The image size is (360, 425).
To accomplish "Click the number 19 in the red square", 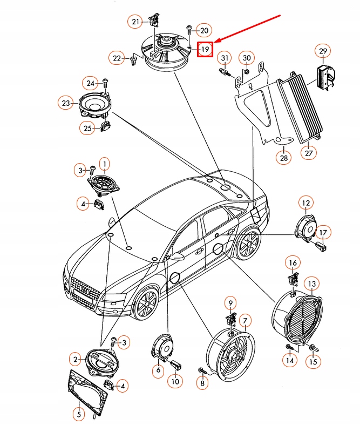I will tap(205, 50).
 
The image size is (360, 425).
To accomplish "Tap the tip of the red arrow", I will tap(215, 42).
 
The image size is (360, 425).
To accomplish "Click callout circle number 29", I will tap(323, 51).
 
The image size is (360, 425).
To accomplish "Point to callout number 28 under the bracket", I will tap(284, 158).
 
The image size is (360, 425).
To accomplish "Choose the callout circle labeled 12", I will tap(305, 204).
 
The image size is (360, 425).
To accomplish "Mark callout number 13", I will tap(313, 284).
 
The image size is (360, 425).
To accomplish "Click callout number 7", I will tap(244, 321).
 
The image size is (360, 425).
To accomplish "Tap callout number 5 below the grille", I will tap(79, 414).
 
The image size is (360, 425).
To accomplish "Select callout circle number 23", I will tap(66, 103).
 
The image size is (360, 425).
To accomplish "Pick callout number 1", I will tap(104, 163).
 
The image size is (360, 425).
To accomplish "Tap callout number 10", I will tap(174, 381).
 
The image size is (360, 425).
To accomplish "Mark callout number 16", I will tap(292, 263).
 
